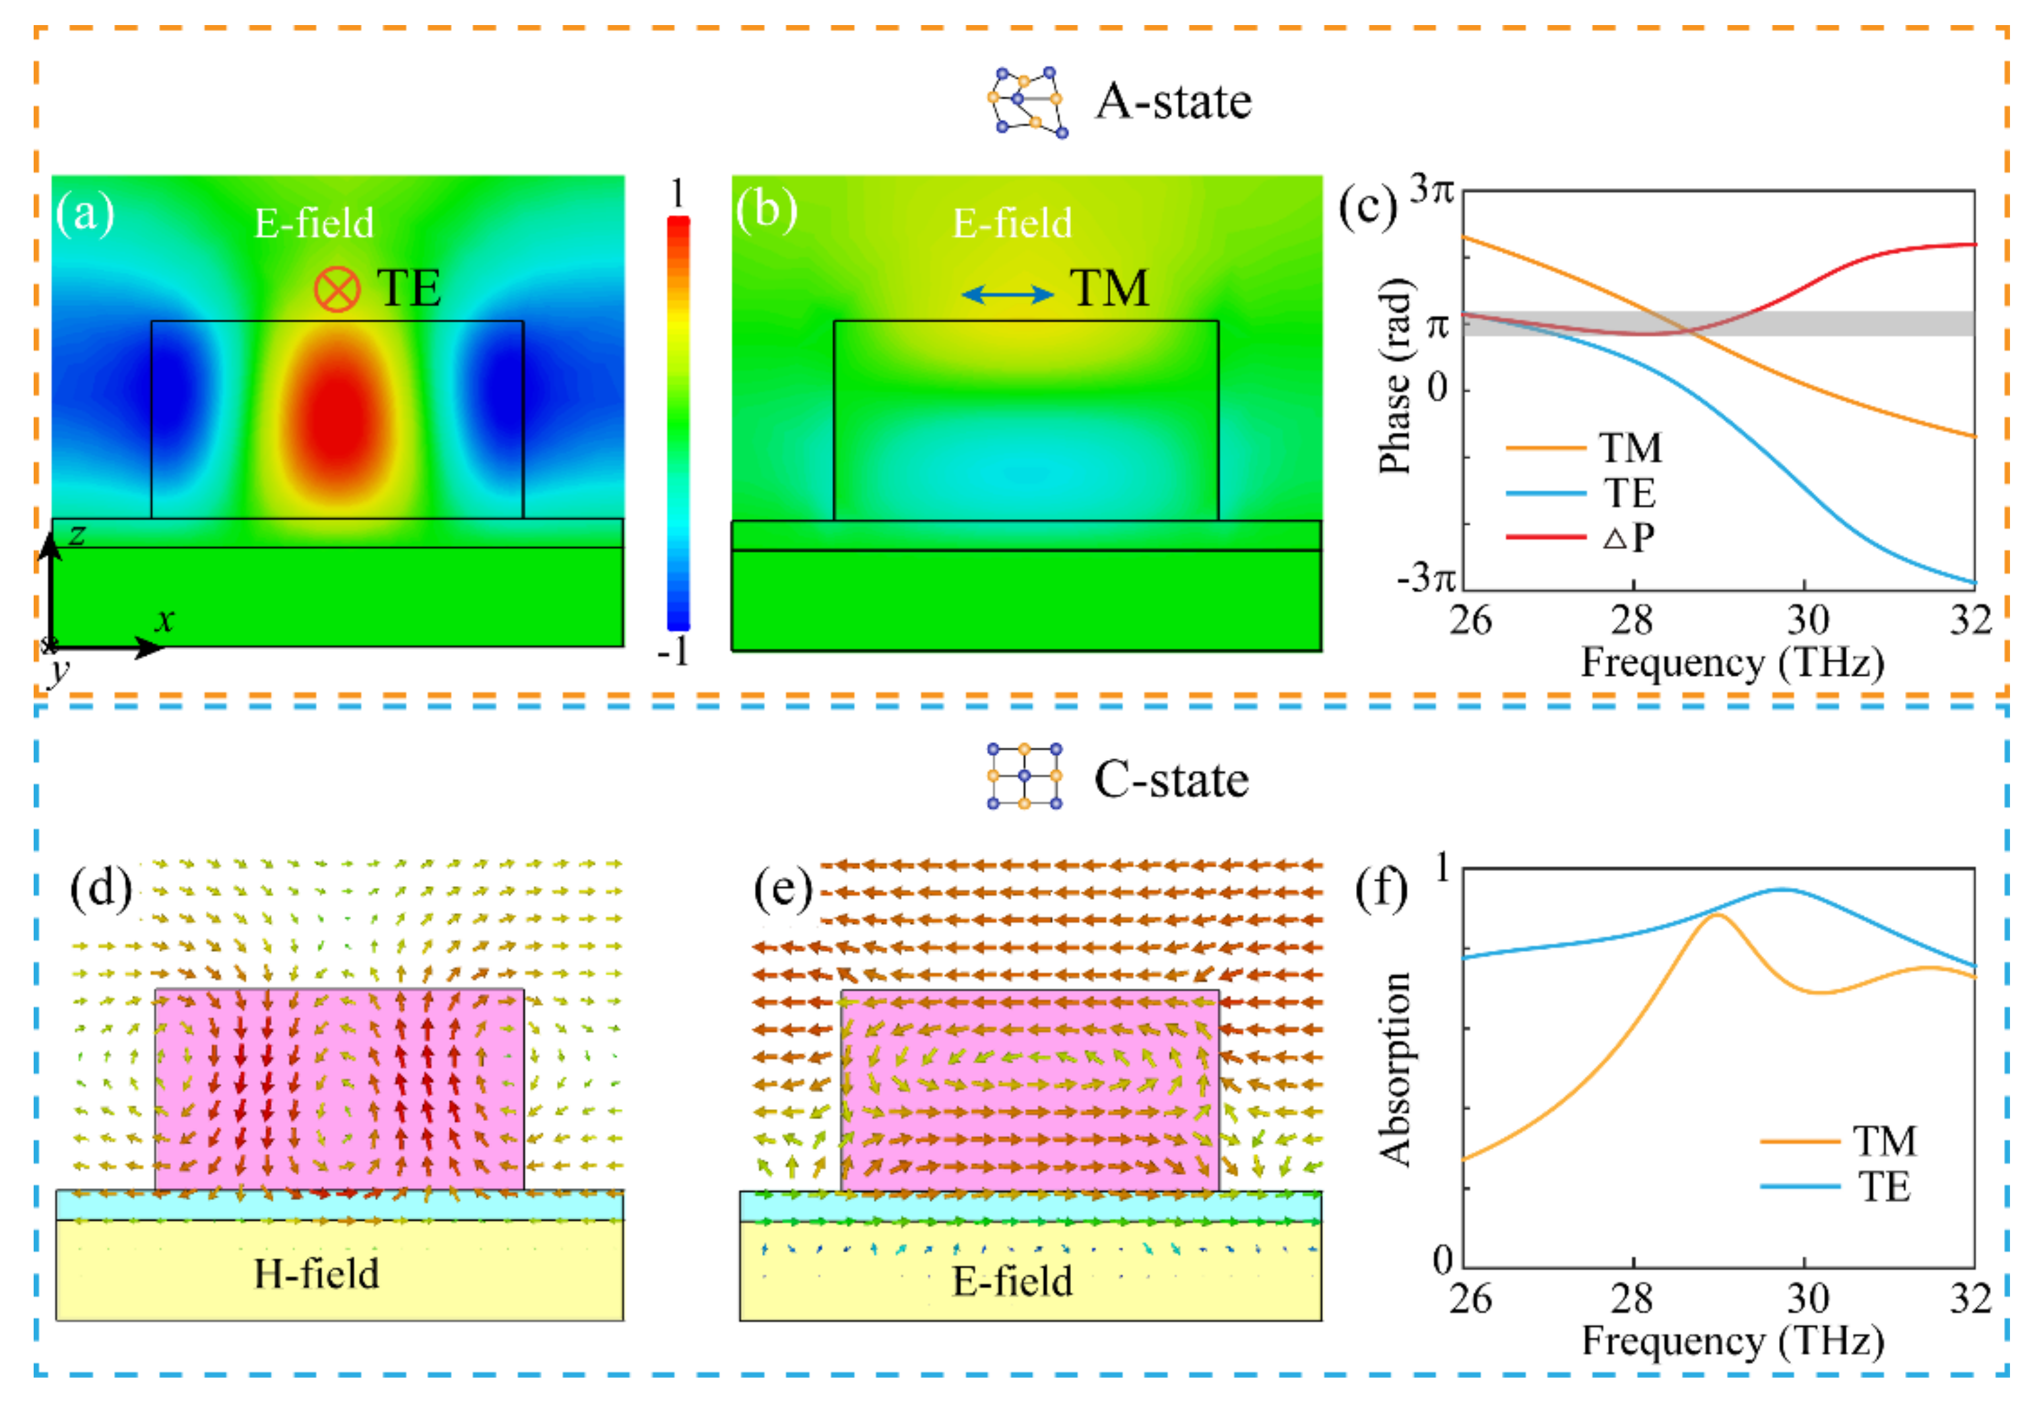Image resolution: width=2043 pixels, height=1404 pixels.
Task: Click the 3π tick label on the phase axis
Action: click(x=1431, y=189)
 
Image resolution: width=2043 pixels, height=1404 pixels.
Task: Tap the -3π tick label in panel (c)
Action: click(x=1425, y=578)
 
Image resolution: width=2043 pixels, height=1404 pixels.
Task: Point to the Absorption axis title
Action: click(x=1394, y=1069)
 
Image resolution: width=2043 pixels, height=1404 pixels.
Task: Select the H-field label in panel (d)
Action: click(x=317, y=1274)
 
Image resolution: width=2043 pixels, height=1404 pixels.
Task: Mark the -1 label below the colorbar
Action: click(x=673, y=652)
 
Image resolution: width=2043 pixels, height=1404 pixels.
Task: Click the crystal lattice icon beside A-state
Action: click(x=1027, y=102)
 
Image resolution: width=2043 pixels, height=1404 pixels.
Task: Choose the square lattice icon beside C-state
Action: click(x=1024, y=776)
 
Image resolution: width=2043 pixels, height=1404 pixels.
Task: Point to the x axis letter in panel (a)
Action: click(x=164, y=620)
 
